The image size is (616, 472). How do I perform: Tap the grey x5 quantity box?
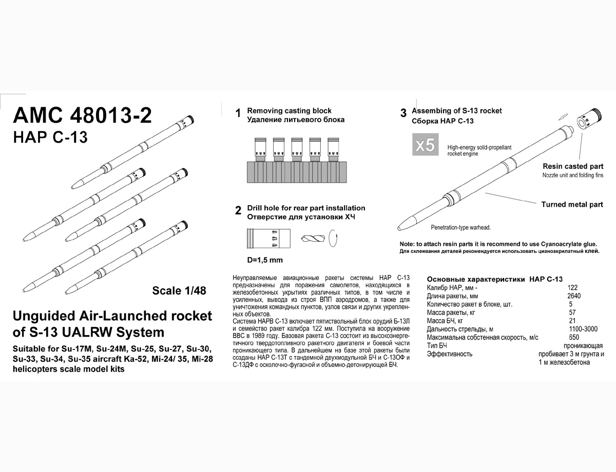click(425, 145)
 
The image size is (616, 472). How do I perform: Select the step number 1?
click(238, 113)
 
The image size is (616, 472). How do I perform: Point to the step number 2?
click(238, 210)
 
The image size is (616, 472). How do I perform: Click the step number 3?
click(403, 113)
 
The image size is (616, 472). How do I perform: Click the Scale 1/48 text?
click(179, 290)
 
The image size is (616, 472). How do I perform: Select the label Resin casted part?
click(573, 166)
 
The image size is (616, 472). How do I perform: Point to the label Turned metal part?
click(572, 204)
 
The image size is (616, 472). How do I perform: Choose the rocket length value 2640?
click(574, 296)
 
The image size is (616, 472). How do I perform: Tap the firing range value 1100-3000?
click(583, 329)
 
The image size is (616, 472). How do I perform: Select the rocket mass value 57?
click(573, 312)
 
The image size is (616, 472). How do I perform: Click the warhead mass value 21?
click(573, 321)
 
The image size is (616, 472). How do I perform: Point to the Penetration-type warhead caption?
click(461, 227)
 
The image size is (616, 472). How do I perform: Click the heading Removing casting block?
click(290, 111)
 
